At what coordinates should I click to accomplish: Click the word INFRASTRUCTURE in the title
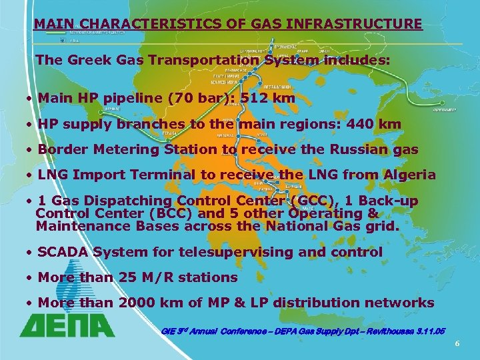pos(355,24)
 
